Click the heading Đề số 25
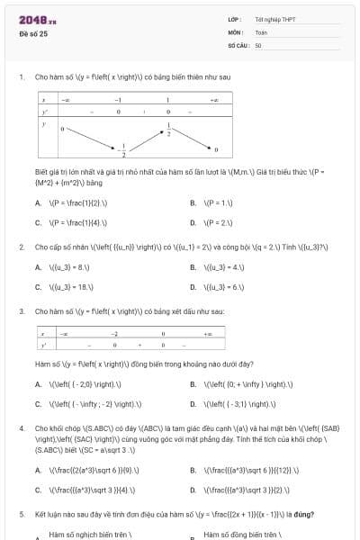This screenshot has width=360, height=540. (x=32, y=33)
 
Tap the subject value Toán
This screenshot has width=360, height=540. (x=261, y=31)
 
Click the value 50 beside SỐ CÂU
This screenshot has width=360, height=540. (x=258, y=44)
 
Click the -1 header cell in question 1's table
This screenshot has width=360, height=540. (x=118, y=99)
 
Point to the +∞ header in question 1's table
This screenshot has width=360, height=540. (x=213, y=99)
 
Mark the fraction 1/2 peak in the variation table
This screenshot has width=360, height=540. (x=167, y=127)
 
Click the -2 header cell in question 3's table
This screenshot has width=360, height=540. (x=114, y=332)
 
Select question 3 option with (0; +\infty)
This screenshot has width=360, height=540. (x=235, y=384)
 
